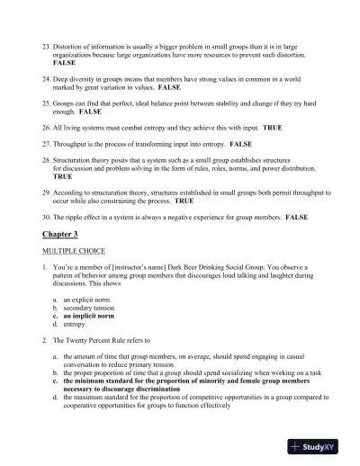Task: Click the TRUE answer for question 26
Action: pyautogui.click(x=272, y=128)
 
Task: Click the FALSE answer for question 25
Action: pyautogui.click(x=90, y=112)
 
